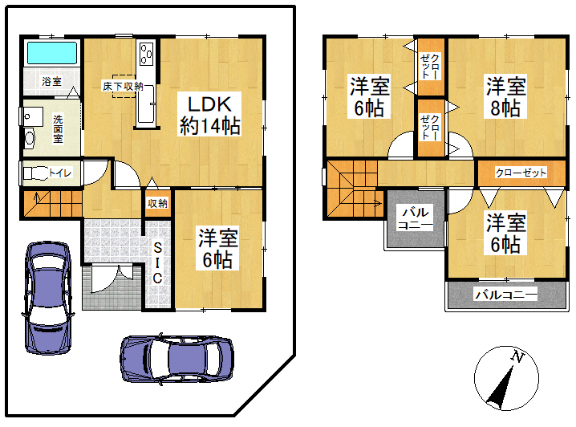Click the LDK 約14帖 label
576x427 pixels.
tap(209, 115)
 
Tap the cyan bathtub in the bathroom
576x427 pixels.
tap(52, 52)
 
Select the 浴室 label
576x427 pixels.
tap(52, 81)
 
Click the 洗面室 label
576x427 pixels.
tap(58, 128)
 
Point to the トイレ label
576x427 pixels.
tap(60, 173)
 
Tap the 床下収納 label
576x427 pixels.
tap(123, 86)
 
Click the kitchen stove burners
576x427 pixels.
tap(147, 54)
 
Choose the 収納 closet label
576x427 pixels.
tap(157, 203)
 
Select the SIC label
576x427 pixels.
tap(157, 262)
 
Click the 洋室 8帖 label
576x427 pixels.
tap(506, 96)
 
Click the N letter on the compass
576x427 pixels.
tap(517, 356)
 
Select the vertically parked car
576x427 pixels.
tap(48, 298)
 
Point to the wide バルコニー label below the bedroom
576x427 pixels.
tap(506, 295)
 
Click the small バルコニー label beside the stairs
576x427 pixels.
tap(416, 218)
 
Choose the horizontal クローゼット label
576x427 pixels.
tap(521, 173)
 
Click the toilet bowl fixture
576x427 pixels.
tap(36, 173)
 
